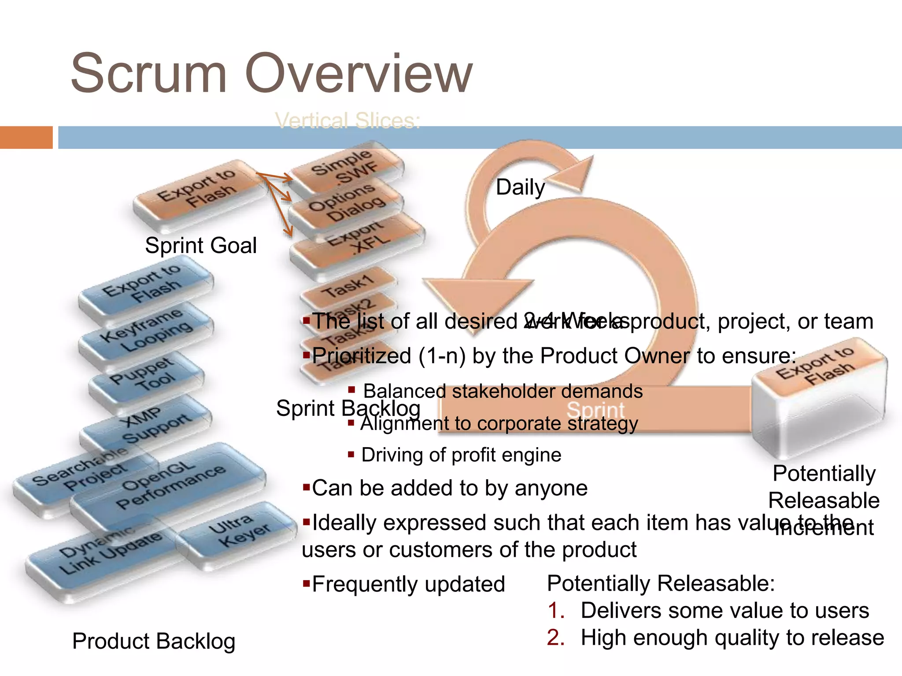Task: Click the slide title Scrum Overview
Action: point(271,73)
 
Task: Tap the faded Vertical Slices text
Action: point(347,121)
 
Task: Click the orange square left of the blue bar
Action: point(26,137)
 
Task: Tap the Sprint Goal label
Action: point(201,245)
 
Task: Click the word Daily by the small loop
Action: point(520,187)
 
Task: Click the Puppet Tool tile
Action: point(145,376)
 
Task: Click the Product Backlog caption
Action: point(154,641)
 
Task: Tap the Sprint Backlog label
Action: point(347,408)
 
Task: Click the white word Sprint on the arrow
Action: point(595,410)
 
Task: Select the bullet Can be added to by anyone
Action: point(449,488)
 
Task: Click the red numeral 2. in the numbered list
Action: point(555,638)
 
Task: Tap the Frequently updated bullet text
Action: point(408,584)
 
